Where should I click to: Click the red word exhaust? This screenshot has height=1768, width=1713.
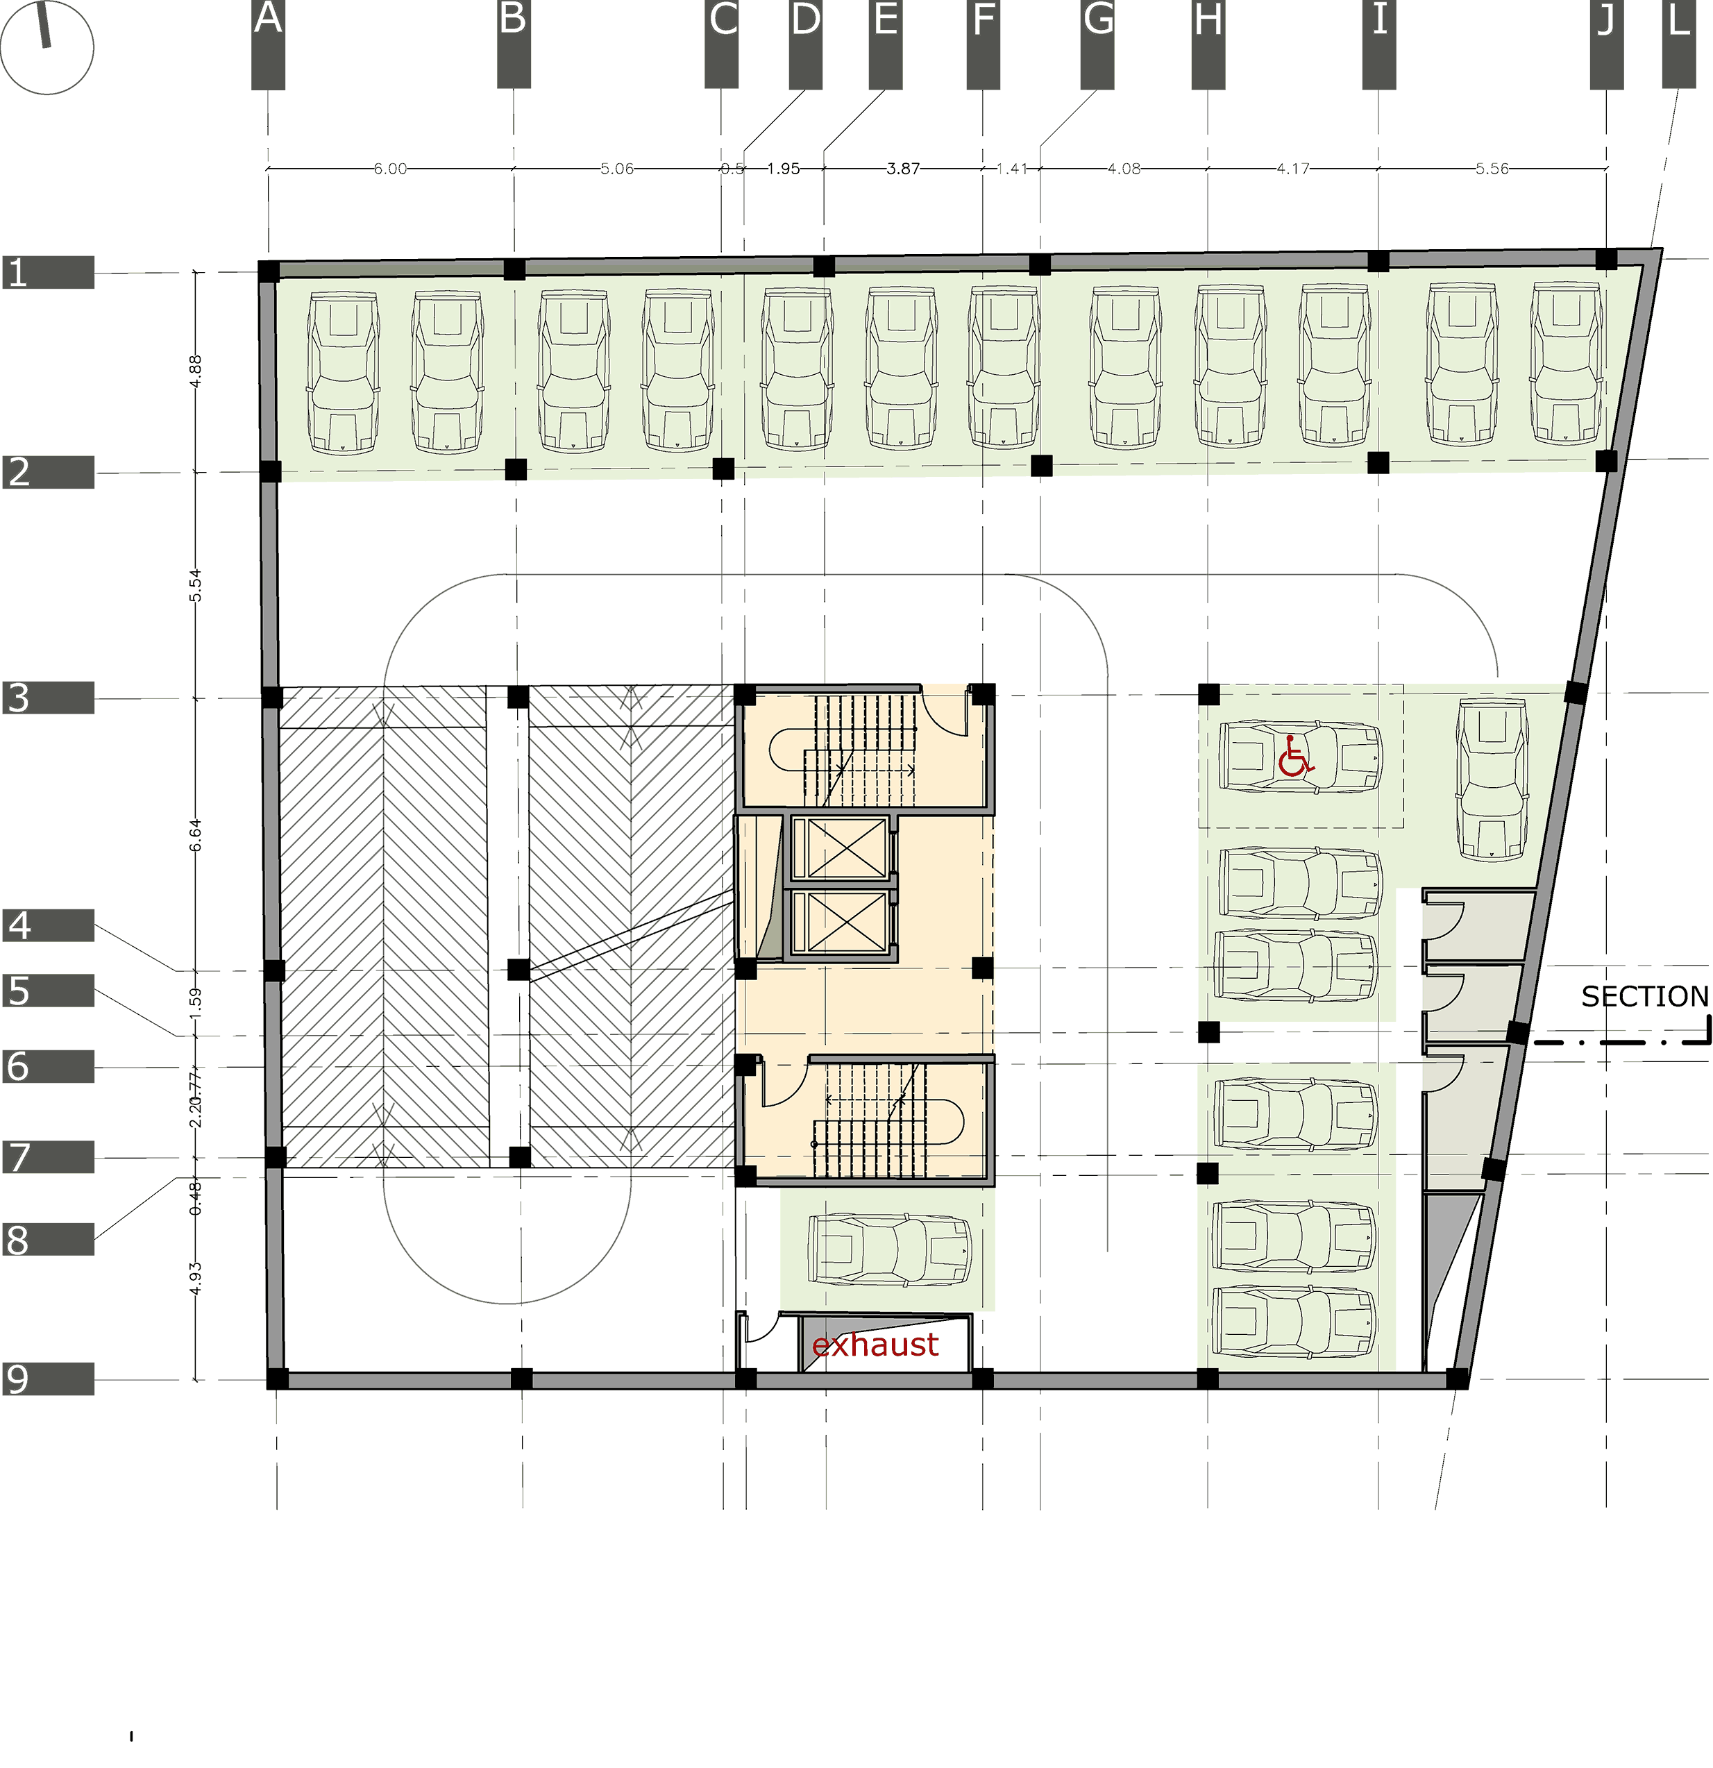[x=875, y=1345]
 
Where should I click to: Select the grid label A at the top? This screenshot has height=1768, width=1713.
[x=268, y=20]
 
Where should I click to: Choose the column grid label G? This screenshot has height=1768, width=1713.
[x=1098, y=20]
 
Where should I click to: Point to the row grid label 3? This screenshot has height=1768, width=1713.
[x=19, y=698]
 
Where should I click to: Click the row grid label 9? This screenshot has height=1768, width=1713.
[x=17, y=1379]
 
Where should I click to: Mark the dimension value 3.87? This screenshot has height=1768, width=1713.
[x=903, y=169]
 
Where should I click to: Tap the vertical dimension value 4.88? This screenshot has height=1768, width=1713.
[x=196, y=371]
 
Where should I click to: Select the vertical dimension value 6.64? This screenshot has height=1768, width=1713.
[x=196, y=834]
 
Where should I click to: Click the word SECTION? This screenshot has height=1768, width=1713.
[x=1644, y=997]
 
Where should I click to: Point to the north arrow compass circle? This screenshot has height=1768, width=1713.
[x=47, y=48]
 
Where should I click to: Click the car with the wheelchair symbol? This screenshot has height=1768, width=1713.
[x=1299, y=757]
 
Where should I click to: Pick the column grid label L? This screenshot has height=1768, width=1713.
[x=1678, y=20]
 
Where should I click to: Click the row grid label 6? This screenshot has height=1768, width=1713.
[x=18, y=1066]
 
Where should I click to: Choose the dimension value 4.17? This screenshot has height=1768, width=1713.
[x=1292, y=169]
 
